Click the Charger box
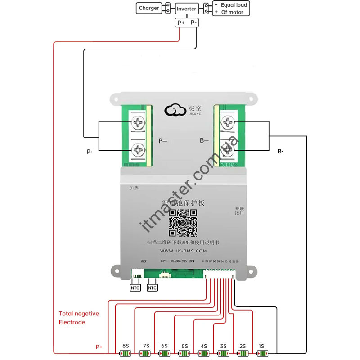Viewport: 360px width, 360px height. [x=149, y=8]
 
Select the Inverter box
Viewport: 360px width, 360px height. [x=186, y=9]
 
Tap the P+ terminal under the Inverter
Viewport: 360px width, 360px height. [x=181, y=22]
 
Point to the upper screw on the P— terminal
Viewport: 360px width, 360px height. [x=138, y=122]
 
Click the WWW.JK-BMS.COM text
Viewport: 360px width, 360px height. [x=183, y=251]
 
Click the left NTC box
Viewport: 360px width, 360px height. [x=135, y=288]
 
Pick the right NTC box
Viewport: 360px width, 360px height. [x=153, y=288]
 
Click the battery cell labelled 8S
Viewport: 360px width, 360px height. [x=124, y=354]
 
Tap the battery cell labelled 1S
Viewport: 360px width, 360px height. [x=261, y=354]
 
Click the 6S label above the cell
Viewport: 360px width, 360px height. [x=164, y=346]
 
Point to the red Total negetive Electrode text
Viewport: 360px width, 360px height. [x=79, y=318]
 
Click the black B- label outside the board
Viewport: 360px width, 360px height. [x=280, y=152]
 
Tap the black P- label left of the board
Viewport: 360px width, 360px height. [x=90, y=152]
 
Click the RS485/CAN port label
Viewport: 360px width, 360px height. [x=179, y=261]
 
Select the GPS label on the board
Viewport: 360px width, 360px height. [x=163, y=261]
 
